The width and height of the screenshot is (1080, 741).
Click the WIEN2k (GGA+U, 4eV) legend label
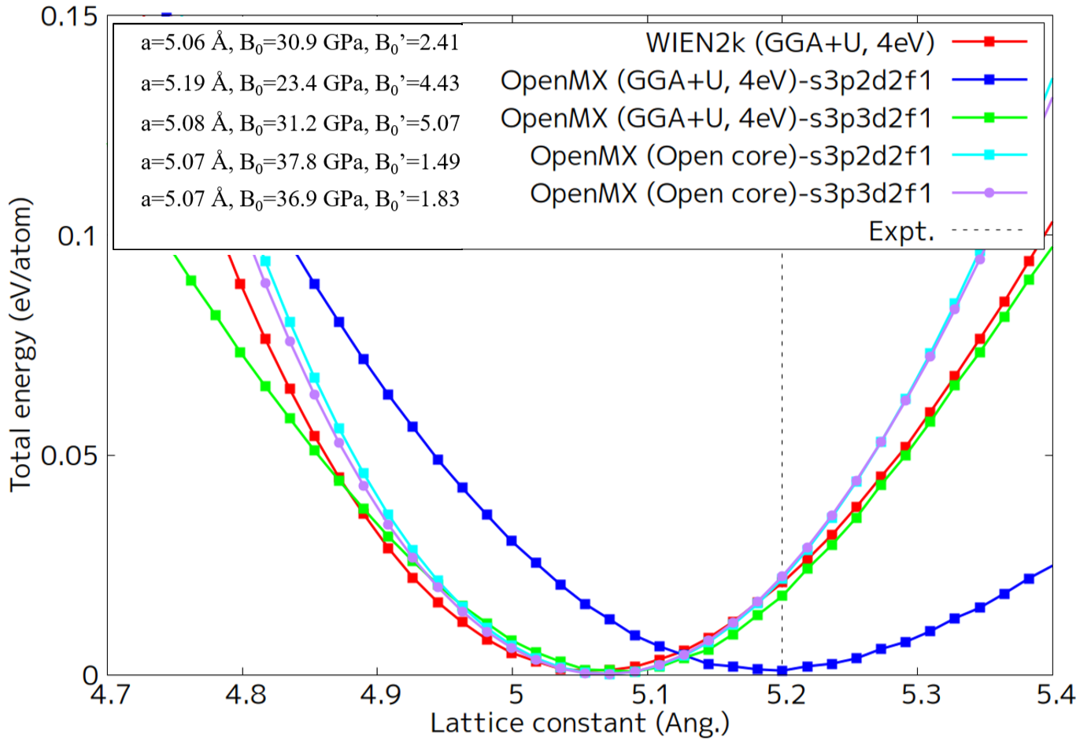[x=790, y=42]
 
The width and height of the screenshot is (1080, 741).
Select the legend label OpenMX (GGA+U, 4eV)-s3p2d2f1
[x=716, y=80]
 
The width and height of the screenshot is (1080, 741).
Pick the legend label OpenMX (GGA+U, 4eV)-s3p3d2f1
[x=716, y=118]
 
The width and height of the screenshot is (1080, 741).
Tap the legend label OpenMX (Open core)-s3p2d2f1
[x=730, y=156]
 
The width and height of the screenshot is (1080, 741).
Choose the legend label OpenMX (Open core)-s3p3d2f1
[x=730, y=194]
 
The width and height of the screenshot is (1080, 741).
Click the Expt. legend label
[x=901, y=231]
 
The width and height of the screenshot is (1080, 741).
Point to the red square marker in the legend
[x=989, y=42]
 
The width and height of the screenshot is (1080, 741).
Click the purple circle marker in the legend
[x=989, y=193]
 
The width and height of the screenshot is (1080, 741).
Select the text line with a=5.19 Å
[x=300, y=83]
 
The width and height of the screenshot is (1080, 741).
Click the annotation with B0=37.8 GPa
[x=300, y=162]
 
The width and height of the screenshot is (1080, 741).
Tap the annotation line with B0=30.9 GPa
[x=300, y=42]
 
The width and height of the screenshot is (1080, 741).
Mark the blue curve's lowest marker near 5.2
[x=782, y=670]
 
